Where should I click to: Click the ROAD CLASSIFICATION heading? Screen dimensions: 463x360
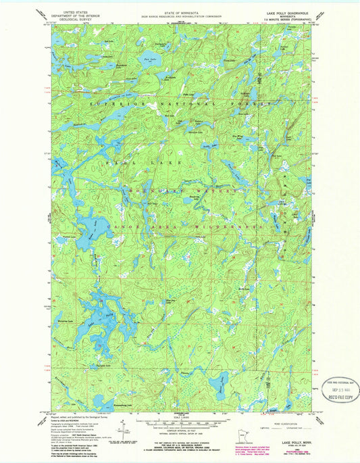click(289, 416)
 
